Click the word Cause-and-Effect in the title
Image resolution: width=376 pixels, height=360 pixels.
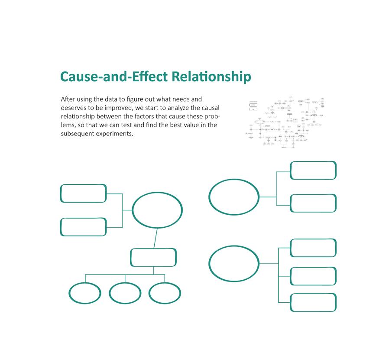[114, 76]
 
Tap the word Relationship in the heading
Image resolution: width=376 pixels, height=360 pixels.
[211, 77]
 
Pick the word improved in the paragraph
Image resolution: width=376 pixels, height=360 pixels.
[114, 108]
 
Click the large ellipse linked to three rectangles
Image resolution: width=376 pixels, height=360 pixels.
[234, 264]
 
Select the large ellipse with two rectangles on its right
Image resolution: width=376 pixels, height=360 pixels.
[234, 197]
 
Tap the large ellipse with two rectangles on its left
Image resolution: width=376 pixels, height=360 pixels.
[157, 210]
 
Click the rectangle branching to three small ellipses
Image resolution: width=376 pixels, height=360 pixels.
[153, 257]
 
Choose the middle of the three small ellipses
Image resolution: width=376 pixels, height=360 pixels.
[125, 293]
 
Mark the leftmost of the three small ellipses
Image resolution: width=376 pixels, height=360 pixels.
[85, 293]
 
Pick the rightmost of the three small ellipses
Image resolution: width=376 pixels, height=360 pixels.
[165, 293]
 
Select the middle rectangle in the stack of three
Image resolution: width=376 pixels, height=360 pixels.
[313, 276]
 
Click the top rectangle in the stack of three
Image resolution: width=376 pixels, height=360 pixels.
[313, 248]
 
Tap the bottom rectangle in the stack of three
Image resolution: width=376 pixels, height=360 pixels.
[313, 302]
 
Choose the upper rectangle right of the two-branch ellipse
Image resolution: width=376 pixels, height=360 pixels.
[313, 170]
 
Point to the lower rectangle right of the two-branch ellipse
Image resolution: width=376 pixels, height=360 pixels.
[313, 203]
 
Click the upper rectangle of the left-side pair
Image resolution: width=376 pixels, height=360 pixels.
[83, 193]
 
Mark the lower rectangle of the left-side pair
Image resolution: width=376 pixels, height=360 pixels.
[83, 227]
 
